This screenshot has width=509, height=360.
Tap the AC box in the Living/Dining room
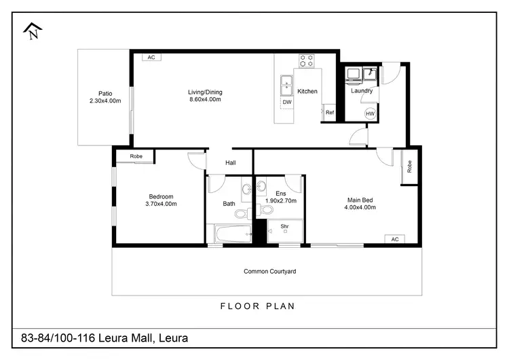click(151, 58)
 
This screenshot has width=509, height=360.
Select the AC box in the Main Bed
click(394, 239)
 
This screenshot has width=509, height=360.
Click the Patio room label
click(105, 94)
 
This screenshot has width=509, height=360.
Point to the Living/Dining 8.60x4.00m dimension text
click(205, 100)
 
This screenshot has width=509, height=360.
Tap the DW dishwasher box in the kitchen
click(287, 103)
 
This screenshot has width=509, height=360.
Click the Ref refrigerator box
click(329, 113)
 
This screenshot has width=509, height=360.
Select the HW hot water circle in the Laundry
click(370, 113)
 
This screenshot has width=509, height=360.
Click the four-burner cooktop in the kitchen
click(307, 60)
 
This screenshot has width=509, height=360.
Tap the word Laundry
click(362, 90)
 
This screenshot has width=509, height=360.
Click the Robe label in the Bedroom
click(135, 156)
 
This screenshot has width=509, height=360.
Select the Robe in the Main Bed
click(410, 166)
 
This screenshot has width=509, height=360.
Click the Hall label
click(231, 162)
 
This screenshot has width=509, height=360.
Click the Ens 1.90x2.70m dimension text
click(281, 200)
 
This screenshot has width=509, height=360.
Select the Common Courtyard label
click(269, 272)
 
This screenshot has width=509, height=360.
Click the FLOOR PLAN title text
click(258, 306)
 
